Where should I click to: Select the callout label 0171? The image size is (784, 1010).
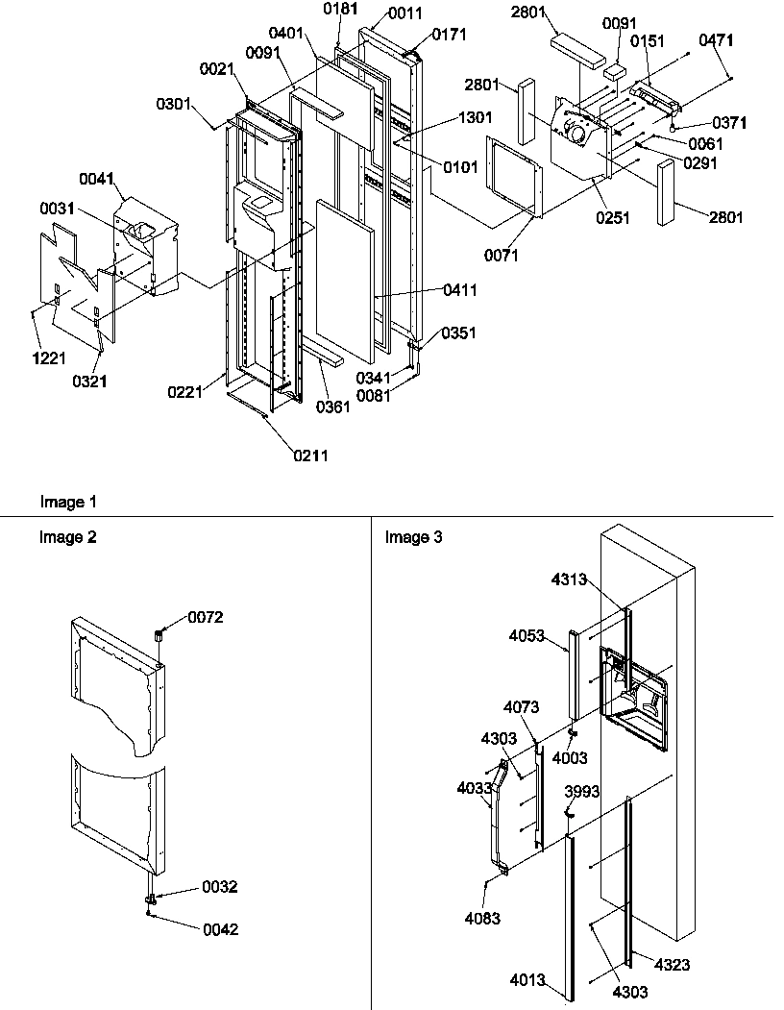450,35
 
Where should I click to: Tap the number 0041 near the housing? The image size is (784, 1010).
96,179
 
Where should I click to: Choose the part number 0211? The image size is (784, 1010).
310,455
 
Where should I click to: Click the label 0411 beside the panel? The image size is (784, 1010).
458,290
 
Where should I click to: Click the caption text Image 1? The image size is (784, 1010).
68,502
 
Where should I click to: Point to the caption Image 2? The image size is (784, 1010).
68,537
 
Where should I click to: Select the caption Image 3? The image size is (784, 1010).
414,537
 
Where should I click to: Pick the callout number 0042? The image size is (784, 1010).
219,929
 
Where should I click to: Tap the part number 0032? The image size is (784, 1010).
219,887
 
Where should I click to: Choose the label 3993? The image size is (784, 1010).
582,792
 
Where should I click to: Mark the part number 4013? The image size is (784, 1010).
529,981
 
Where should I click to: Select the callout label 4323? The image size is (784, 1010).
674,964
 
